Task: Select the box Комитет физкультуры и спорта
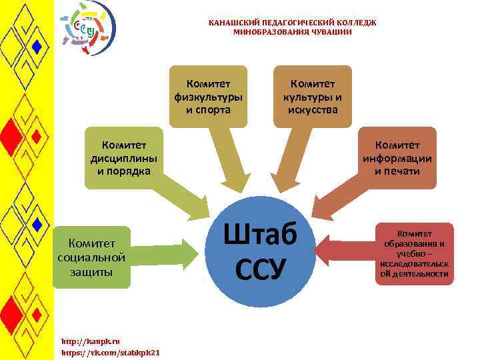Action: tap(209, 96)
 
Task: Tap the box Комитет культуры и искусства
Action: tap(312, 96)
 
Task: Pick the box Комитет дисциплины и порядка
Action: tap(124, 157)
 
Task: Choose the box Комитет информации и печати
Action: tap(397, 157)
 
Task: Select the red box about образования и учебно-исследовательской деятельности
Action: tap(415, 253)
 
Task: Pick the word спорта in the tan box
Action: tap(208, 109)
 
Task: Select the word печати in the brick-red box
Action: tap(397, 171)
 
